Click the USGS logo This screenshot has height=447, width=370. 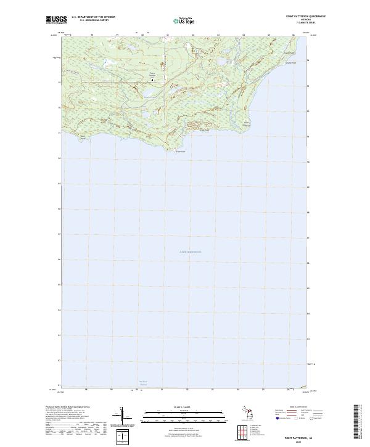pyautogui.click(x=56, y=19)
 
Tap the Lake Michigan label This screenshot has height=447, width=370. pyautogui.click(x=190, y=252)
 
